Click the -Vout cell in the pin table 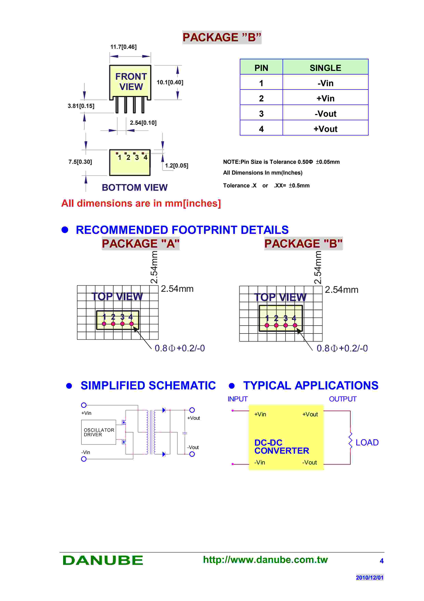click(325, 114)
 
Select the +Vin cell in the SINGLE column click(325, 98)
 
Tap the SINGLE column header click(325, 68)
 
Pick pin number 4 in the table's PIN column click(261, 129)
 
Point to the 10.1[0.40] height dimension click(170, 82)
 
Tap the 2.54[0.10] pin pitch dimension click(143, 123)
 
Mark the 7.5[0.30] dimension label click(80, 162)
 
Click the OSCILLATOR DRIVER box click(99, 432)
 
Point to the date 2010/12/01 click(369, 577)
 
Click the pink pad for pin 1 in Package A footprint click(104, 324)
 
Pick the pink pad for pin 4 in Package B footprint click(295, 325)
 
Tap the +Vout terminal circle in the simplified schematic click(192, 410)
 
